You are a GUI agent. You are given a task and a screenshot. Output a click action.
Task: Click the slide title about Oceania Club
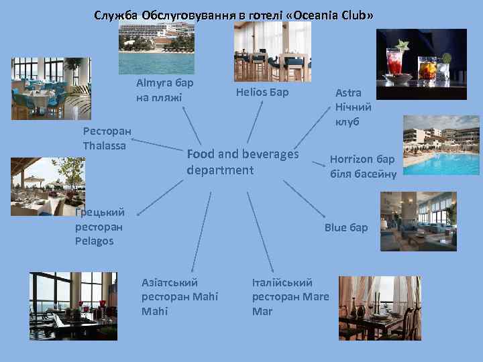click(x=234, y=15)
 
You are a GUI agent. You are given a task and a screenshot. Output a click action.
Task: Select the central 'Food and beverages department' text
click(x=242, y=162)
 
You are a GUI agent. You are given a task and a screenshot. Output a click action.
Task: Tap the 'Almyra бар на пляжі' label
click(x=164, y=90)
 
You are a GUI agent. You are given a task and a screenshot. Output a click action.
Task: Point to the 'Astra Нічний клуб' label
click(x=353, y=107)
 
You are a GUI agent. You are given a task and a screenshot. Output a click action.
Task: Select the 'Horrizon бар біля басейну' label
click(x=362, y=167)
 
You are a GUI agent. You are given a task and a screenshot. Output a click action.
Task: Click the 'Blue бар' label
click(x=346, y=227)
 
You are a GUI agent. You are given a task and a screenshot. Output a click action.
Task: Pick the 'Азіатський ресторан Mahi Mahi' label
click(x=180, y=296)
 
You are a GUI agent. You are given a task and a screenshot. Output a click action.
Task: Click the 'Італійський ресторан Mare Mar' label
click(x=290, y=296)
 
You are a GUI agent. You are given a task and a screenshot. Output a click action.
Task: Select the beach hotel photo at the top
click(x=156, y=46)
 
